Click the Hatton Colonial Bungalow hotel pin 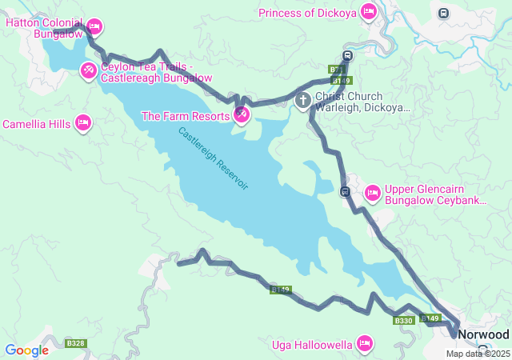click(x=94, y=27)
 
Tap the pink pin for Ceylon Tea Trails click(x=88, y=72)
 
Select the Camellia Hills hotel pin click(x=82, y=123)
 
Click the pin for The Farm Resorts click(x=241, y=116)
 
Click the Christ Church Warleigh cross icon click(x=303, y=100)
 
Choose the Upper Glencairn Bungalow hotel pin click(x=372, y=193)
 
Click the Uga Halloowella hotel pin click(x=365, y=343)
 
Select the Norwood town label click(x=485, y=334)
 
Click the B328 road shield click(x=76, y=343)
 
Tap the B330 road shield click(x=403, y=321)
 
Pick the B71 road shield click(x=337, y=70)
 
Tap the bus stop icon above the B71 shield click(x=346, y=56)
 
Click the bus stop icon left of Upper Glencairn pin click(x=344, y=191)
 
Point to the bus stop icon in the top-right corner click(x=443, y=13)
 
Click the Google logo click(x=26, y=350)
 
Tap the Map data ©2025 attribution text click(x=477, y=354)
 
